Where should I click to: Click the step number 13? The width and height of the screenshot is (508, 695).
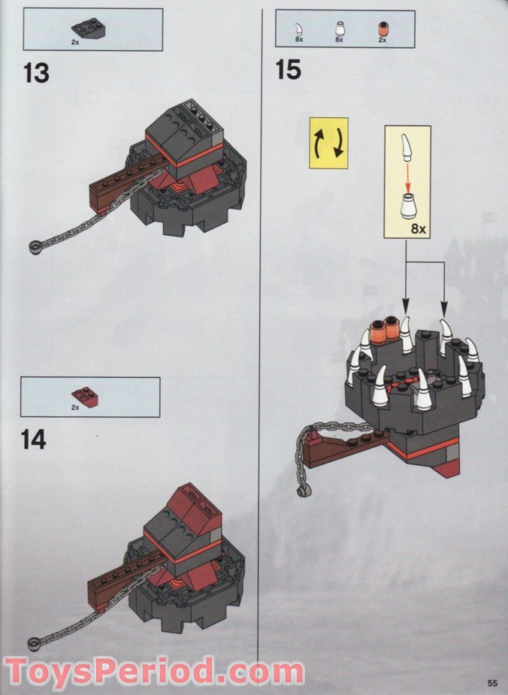[36, 73]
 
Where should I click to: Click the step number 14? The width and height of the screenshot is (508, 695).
[34, 440]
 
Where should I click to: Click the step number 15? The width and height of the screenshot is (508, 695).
[288, 70]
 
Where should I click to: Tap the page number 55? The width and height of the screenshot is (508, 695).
[492, 682]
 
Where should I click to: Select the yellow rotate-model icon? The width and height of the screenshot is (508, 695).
[328, 144]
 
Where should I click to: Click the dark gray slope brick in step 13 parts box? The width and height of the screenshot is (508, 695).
[86, 29]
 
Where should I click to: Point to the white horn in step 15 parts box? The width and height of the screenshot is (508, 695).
[298, 30]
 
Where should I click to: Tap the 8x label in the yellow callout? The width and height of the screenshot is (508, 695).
[418, 229]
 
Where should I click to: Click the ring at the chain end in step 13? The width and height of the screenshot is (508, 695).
[35, 246]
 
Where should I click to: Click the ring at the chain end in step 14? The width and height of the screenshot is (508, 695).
[34, 644]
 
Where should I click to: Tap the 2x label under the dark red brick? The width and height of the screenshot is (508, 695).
[75, 407]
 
